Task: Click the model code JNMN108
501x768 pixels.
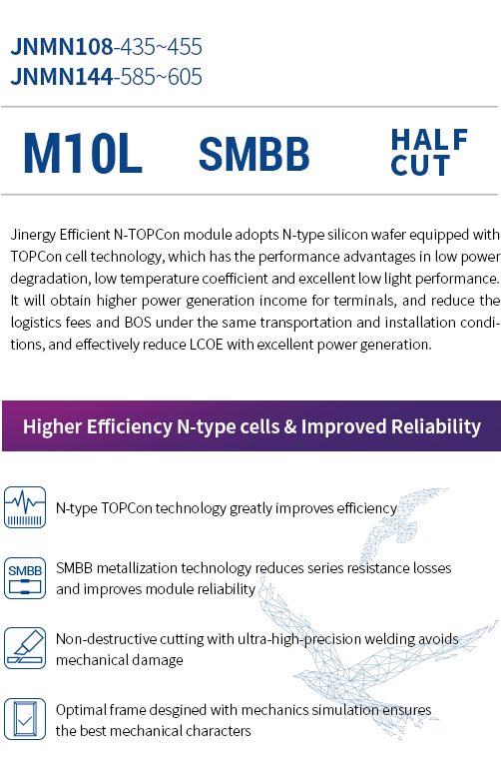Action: [x=62, y=47]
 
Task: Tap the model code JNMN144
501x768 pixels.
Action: [x=62, y=77]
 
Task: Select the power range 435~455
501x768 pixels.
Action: [x=161, y=47]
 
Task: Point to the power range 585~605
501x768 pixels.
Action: [x=161, y=77]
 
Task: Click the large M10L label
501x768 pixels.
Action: [x=83, y=154]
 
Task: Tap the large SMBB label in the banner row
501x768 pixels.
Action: [x=253, y=154]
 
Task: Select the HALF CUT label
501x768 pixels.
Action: [x=429, y=152]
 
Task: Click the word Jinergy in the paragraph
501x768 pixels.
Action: [x=33, y=235]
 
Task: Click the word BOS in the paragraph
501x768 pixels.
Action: [x=138, y=323]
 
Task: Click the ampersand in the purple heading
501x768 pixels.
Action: [x=290, y=427]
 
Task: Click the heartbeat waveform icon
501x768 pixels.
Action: [x=25, y=507]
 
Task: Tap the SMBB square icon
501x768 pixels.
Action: [x=25, y=578]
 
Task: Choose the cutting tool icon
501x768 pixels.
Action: [x=25, y=648]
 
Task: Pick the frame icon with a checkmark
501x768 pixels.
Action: [x=25, y=719]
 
